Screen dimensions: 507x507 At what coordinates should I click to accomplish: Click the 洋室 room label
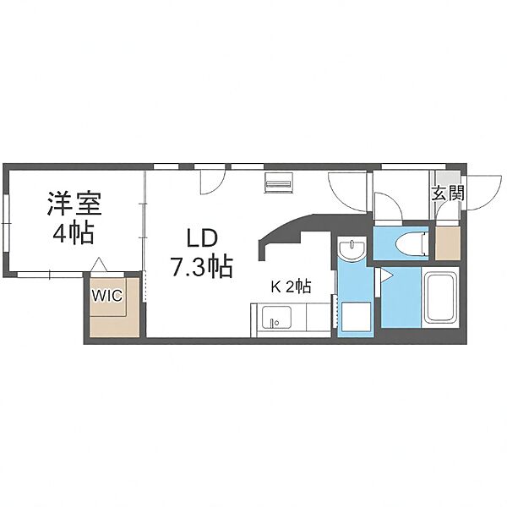pyautogui.click(x=74, y=204)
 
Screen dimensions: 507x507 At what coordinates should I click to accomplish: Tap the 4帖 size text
pyautogui.click(x=74, y=232)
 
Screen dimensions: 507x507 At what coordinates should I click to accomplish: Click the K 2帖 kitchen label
pyautogui.click(x=291, y=286)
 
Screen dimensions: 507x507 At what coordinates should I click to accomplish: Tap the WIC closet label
pyautogui.click(x=107, y=295)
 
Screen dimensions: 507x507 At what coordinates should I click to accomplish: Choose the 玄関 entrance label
pyautogui.click(x=448, y=193)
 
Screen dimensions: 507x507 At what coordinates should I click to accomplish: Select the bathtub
pyautogui.click(x=441, y=297)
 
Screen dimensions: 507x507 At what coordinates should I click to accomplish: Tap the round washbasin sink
pyautogui.click(x=352, y=248)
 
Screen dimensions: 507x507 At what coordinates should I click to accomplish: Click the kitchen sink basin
pyautogui.click(x=276, y=317)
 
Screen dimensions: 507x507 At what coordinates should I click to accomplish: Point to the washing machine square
pyautogui.click(x=356, y=317)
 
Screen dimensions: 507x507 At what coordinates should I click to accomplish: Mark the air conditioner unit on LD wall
pyautogui.click(x=279, y=183)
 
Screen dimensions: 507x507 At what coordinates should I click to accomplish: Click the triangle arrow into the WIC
pyautogui.click(x=98, y=264)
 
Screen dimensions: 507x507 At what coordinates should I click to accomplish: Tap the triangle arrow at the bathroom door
pyautogui.click(x=386, y=276)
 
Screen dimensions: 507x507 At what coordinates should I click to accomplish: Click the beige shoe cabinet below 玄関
pyautogui.click(x=448, y=243)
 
